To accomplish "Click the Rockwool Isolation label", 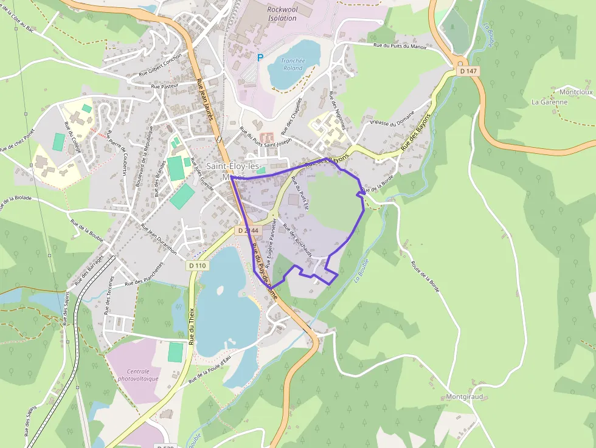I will pyautogui.click(x=282, y=13).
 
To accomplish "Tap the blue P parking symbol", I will pyautogui.click(x=260, y=58).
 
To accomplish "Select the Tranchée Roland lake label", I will pyautogui.click(x=293, y=64).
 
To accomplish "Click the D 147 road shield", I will pyautogui.click(x=469, y=71).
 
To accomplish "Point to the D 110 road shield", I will pyautogui.click(x=198, y=266).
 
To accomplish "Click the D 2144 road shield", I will pyautogui.click(x=248, y=230).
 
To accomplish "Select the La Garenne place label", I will pyautogui.click(x=549, y=102).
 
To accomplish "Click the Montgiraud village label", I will pyautogui.click(x=464, y=396).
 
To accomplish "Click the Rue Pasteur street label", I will pyautogui.click(x=164, y=86).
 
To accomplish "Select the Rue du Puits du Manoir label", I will pyautogui.click(x=400, y=46).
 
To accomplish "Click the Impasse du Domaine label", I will pyautogui.click(x=392, y=117).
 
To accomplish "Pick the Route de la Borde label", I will pyautogui.click(x=425, y=276).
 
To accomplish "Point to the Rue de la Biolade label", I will pyautogui.click(x=24, y=198).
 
